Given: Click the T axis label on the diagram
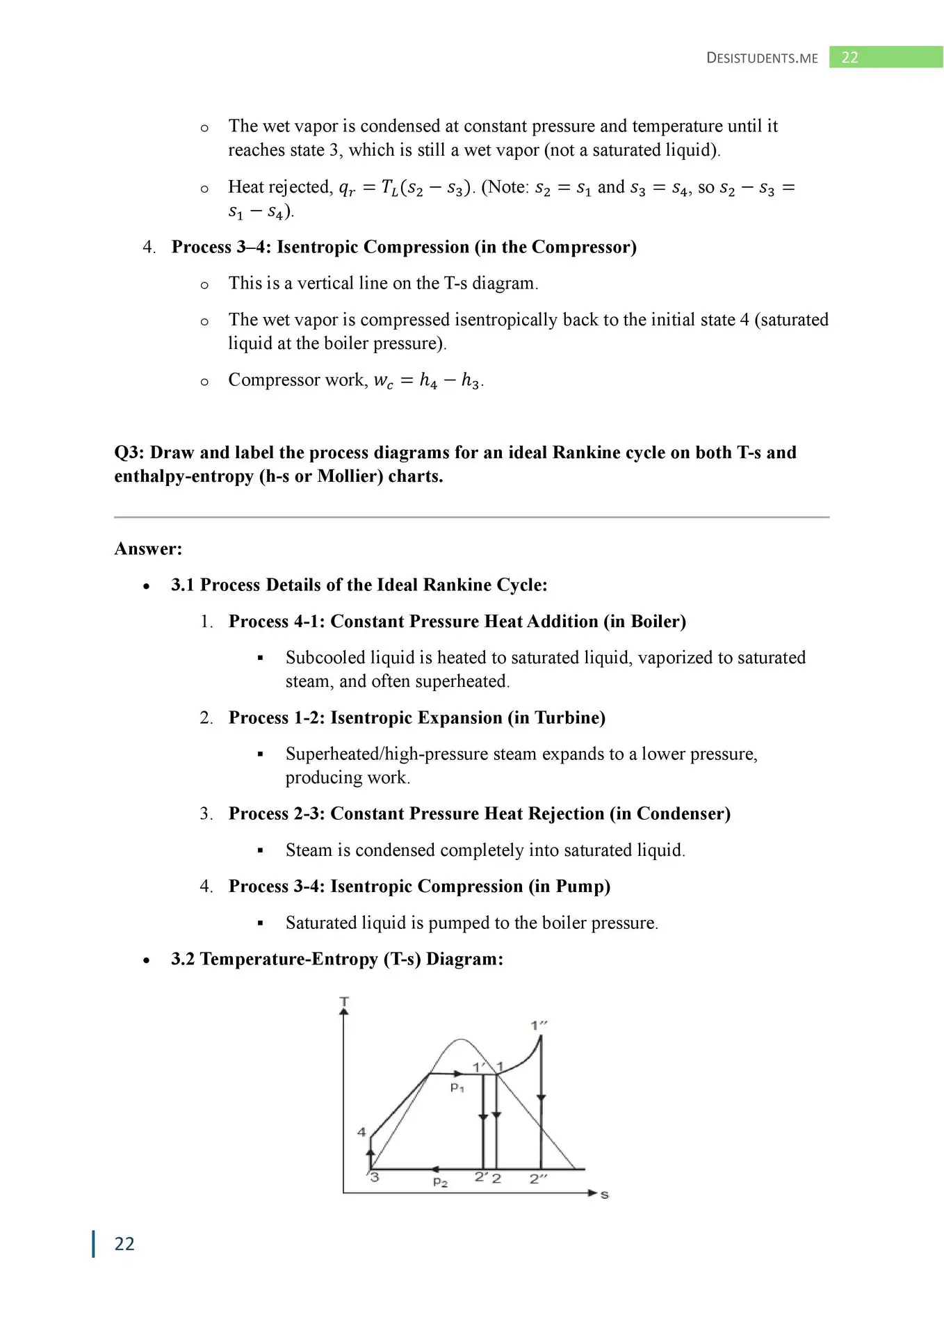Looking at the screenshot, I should click(x=344, y=1001).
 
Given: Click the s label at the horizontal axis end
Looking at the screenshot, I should click(x=604, y=1195).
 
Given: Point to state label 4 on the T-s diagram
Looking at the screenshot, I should click(x=361, y=1132).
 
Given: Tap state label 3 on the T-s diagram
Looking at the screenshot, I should click(x=375, y=1177).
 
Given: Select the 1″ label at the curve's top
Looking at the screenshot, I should click(x=539, y=1025).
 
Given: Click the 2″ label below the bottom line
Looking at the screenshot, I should click(x=538, y=1179).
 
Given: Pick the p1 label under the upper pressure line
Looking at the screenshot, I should click(x=457, y=1088).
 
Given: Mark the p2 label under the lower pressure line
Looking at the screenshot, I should click(x=440, y=1182).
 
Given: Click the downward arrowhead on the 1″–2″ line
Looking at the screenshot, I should click(x=541, y=1099).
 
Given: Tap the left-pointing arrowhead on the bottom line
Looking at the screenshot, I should click(x=434, y=1170).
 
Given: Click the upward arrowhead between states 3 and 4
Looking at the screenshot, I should click(x=371, y=1153).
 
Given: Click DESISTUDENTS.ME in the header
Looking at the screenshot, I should click(x=762, y=58).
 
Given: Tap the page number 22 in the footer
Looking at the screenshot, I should click(x=124, y=1244).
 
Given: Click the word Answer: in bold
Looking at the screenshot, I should click(x=148, y=549).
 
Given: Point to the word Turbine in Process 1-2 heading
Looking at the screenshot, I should click(x=566, y=718).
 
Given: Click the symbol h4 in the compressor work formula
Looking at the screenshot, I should click(x=428, y=381).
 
